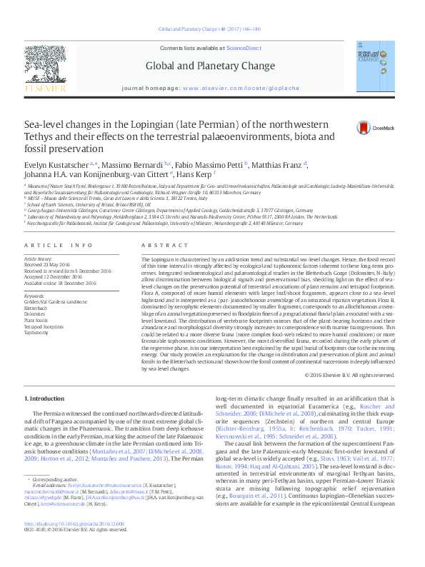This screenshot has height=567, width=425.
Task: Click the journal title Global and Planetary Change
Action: point(210,66)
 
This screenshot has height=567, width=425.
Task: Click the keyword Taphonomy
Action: point(37,313)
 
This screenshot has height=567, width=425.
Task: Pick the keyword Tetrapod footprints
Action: point(44,307)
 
